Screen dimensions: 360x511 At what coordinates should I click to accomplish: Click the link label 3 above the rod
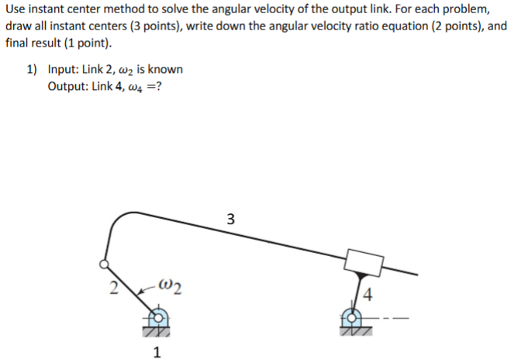230,218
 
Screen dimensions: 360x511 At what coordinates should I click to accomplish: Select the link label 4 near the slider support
368,296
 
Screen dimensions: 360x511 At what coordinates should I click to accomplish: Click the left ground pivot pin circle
157,317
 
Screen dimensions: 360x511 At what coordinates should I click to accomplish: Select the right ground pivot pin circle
351,317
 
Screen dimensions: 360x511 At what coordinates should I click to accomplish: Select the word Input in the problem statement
63,69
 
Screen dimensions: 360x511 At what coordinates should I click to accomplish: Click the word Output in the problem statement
67,85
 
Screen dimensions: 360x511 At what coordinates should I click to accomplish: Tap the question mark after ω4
159,85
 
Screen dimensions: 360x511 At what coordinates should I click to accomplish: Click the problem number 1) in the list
32,69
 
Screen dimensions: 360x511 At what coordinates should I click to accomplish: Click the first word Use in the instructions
15,11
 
